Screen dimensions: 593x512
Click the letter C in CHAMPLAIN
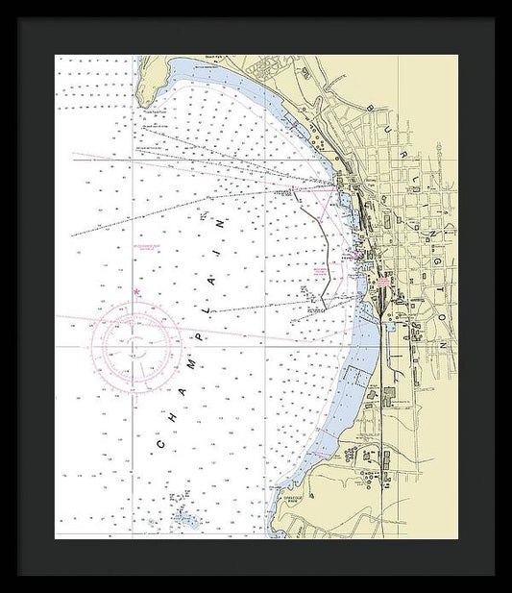point(159,445)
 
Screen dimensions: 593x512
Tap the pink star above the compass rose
point(136,292)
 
